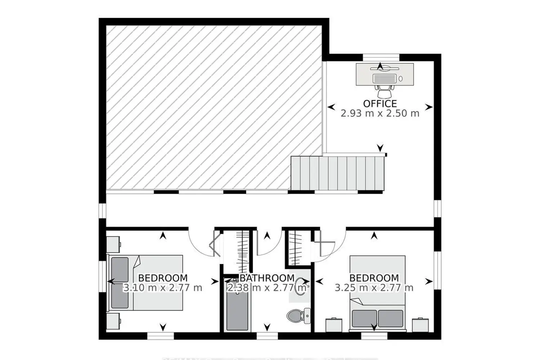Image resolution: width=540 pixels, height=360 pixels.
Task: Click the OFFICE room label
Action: pos(380,104)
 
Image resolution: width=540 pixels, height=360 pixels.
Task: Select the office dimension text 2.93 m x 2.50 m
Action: pos(380,113)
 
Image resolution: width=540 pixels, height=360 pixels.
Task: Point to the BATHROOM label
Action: pos(267,278)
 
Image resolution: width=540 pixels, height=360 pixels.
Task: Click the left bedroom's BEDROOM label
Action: pos(163,278)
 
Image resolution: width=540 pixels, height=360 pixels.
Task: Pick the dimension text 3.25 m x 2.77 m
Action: pos(374,288)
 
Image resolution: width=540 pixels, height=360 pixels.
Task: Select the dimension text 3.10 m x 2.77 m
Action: pos(163,288)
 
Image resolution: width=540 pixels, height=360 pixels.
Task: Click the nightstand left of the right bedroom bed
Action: pos(333,325)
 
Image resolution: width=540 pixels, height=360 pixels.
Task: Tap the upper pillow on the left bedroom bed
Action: pos(120,270)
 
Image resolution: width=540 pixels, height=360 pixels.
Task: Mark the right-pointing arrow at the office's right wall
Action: pos(428,107)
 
